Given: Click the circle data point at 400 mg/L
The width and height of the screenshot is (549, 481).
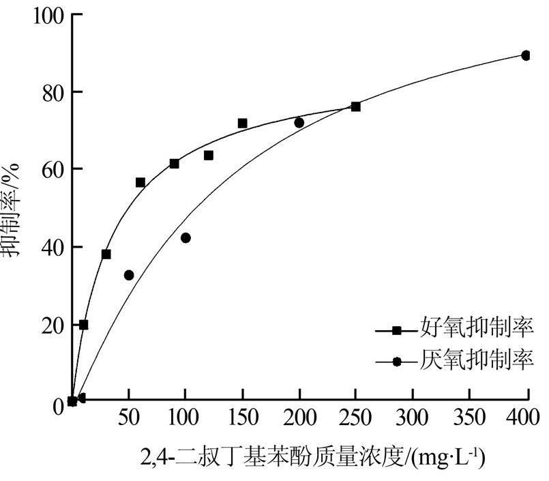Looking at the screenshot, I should pyautogui.click(x=526, y=55).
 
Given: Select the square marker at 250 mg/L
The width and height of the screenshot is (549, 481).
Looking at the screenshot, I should pyautogui.click(x=355, y=106).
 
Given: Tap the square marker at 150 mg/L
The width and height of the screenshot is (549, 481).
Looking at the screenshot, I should pyautogui.click(x=242, y=123).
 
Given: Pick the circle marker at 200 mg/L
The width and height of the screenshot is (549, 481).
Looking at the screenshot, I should pyautogui.click(x=299, y=123).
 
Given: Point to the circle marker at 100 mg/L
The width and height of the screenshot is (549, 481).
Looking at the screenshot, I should pyautogui.click(x=186, y=237).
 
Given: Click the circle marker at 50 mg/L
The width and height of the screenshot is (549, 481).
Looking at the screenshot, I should pyautogui.click(x=129, y=275).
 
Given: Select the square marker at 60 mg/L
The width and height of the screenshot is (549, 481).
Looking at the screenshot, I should pyautogui.click(x=140, y=182).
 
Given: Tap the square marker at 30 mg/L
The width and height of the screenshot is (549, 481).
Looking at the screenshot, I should pyautogui.click(x=106, y=254).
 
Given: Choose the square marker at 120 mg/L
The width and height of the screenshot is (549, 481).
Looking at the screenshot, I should pyautogui.click(x=208, y=156).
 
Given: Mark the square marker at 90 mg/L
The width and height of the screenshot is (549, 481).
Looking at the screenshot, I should pyautogui.click(x=174, y=164).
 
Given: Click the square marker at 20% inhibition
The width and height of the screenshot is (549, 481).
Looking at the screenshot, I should pyautogui.click(x=83, y=325).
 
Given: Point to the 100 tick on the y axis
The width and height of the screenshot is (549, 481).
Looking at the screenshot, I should pyautogui.click(x=48, y=15).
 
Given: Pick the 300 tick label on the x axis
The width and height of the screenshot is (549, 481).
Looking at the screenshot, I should pyautogui.click(x=412, y=418).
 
